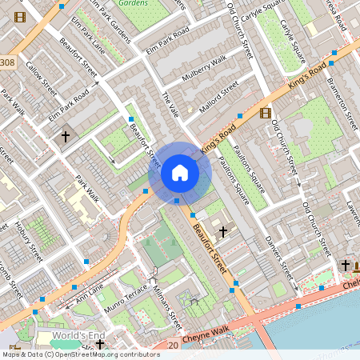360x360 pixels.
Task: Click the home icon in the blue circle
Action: [x=179, y=172]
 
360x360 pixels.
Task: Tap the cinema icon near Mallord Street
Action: [x=266, y=112]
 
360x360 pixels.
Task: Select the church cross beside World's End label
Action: [x=100, y=345]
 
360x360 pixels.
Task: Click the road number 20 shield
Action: [x=174, y=345]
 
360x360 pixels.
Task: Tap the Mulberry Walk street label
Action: [x=206, y=69]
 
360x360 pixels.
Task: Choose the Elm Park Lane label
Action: [x=87, y=36]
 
